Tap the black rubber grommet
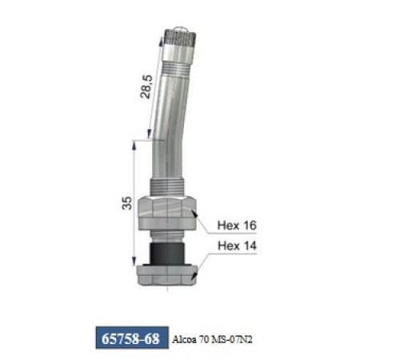(x=167, y=252)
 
